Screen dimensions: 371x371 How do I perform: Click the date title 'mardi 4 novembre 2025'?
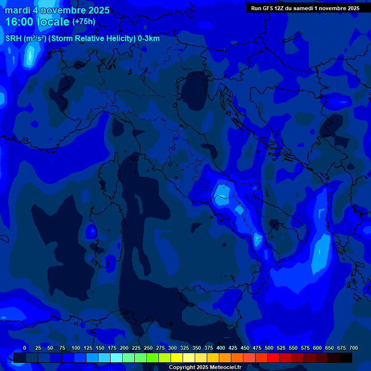pyautogui.click(x=57, y=10)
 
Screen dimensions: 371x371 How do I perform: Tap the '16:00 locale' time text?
pyautogui.click(x=37, y=22)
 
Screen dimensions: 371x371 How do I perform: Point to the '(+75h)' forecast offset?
pyautogui.click(x=84, y=22)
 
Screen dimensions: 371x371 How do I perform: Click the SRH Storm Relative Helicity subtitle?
pyautogui.click(x=82, y=39)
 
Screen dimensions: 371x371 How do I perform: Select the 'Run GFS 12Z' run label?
pyautogui.click(x=271, y=8)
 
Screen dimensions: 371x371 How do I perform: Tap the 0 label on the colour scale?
pyautogui.click(x=25, y=348)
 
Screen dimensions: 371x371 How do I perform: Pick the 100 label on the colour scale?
pyautogui.click(x=76, y=348)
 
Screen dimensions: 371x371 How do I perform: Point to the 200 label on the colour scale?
pyautogui.click(x=124, y=348)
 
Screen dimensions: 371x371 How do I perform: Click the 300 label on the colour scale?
pyautogui.click(x=172, y=348)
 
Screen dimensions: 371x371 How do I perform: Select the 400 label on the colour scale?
pyautogui.click(x=221, y=348)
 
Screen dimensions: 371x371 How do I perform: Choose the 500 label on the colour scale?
pyautogui.click(x=269, y=348)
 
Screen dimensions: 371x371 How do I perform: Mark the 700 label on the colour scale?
pyautogui.click(x=354, y=348)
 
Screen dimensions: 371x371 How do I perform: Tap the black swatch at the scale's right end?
pyautogui.click(x=346, y=357)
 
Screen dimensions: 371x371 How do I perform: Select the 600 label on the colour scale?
pyautogui.click(x=317, y=348)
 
